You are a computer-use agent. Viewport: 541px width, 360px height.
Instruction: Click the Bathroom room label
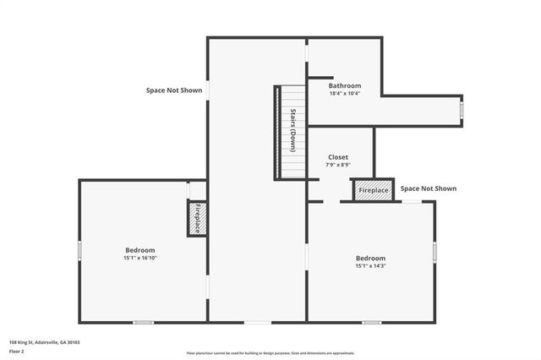click(x=345, y=85)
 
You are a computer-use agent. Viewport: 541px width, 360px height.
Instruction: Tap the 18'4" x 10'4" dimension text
click(x=345, y=94)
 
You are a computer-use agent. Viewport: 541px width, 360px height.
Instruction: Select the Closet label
click(x=338, y=157)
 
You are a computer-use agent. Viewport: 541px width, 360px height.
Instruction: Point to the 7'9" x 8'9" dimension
click(x=338, y=166)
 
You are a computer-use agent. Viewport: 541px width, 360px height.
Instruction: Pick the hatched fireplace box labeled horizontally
click(x=374, y=190)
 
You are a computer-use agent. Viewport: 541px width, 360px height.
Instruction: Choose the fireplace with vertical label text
click(x=197, y=219)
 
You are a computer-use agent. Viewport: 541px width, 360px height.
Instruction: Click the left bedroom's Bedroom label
click(x=140, y=250)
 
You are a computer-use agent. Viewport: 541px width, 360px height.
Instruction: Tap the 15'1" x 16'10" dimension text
click(x=140, y=259)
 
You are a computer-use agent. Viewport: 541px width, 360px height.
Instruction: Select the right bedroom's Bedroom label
click(x=370, y=258)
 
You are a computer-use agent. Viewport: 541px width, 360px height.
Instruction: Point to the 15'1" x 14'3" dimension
click(x=370, y=266)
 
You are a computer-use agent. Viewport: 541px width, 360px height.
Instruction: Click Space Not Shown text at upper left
click(x=174, y=90)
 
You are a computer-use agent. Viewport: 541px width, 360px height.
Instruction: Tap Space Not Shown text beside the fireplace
click(x=428, y=188)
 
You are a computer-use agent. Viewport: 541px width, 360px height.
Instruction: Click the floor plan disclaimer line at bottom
click(x=270, y=352)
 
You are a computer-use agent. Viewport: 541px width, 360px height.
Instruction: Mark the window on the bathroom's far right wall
click(x=462, y=110)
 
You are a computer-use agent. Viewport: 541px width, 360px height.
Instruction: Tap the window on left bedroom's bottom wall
click(x=144, y=322)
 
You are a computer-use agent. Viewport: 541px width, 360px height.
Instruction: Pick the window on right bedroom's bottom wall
click(x=371, y=322)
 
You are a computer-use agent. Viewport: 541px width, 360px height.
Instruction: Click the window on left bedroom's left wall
click(x=79, y=251)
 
